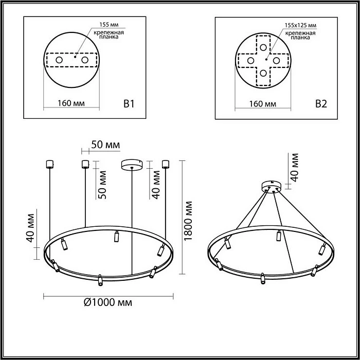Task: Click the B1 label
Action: (x=129, y=104)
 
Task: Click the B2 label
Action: (x=320, y=104)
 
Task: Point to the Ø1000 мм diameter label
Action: (x=107, y=302)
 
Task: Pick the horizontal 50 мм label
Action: (x=105, y=145)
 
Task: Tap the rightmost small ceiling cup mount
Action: (x=165, y=164)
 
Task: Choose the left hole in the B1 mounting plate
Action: (x=59, y=61)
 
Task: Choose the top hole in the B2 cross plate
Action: (x=263, y=48)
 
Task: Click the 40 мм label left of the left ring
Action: (x=31, y=226)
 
